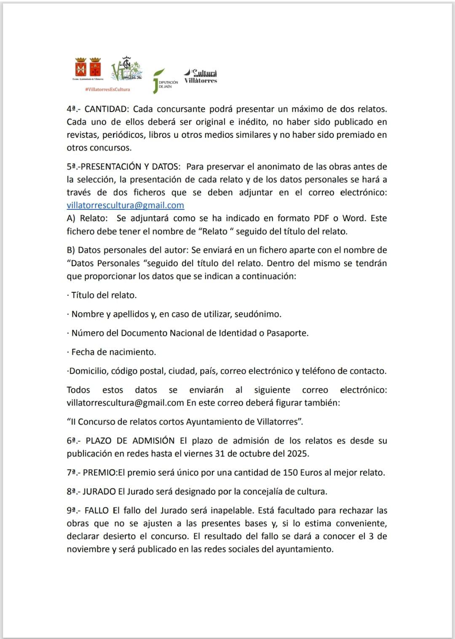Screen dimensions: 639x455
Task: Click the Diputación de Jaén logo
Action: pyautogui.click(x=165, y=81)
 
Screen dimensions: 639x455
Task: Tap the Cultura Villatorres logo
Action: pyautogui.click(x=201, y=76)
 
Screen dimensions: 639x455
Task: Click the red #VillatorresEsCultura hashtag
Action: pyautogui.click(x=107, y=89)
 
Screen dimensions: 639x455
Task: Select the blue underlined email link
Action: pyautogui.click(x=125, y=206)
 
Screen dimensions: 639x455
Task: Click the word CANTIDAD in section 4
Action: pyautogui.click(x=106, y=109)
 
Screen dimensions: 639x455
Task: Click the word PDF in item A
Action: pyautogui.click(x=321, y=219)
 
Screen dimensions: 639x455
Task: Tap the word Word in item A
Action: pyautogui.click(x=353, y=219)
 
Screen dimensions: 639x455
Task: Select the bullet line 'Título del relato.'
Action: pyautogui.click(x=104, y=295)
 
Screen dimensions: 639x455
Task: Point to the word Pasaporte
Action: pyautogui.click(x=287, y=333)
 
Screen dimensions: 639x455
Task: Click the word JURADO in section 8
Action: pyautogui.click(x=99, y=492)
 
